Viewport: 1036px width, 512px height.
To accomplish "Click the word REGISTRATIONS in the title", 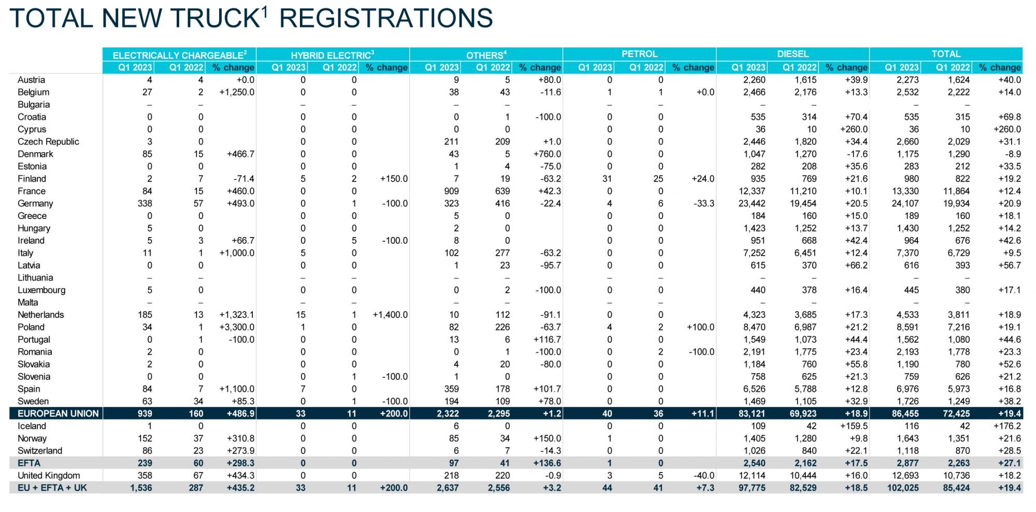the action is (x=386, y=18).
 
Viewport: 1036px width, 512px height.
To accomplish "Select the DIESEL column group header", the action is (x=793, y=54).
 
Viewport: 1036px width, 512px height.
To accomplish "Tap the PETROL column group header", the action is (x=640, y=54).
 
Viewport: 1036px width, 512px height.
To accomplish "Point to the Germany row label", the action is (x=35, y=203).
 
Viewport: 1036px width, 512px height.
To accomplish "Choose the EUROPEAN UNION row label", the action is (x=58, y=414).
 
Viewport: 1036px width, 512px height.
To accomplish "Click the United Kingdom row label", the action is (x=49, y=475).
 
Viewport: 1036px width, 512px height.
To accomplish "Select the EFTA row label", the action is (x=29, y=463).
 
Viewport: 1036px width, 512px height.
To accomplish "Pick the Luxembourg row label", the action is (x=41, y=290).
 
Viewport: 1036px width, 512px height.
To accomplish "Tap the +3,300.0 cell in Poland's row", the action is (x=237, y=327).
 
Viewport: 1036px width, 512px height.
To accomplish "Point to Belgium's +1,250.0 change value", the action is (x=237, y=92).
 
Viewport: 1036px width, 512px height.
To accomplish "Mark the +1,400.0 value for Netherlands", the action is (x=390, y=315).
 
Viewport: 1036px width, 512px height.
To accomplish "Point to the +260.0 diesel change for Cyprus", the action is (x=854, y=129).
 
